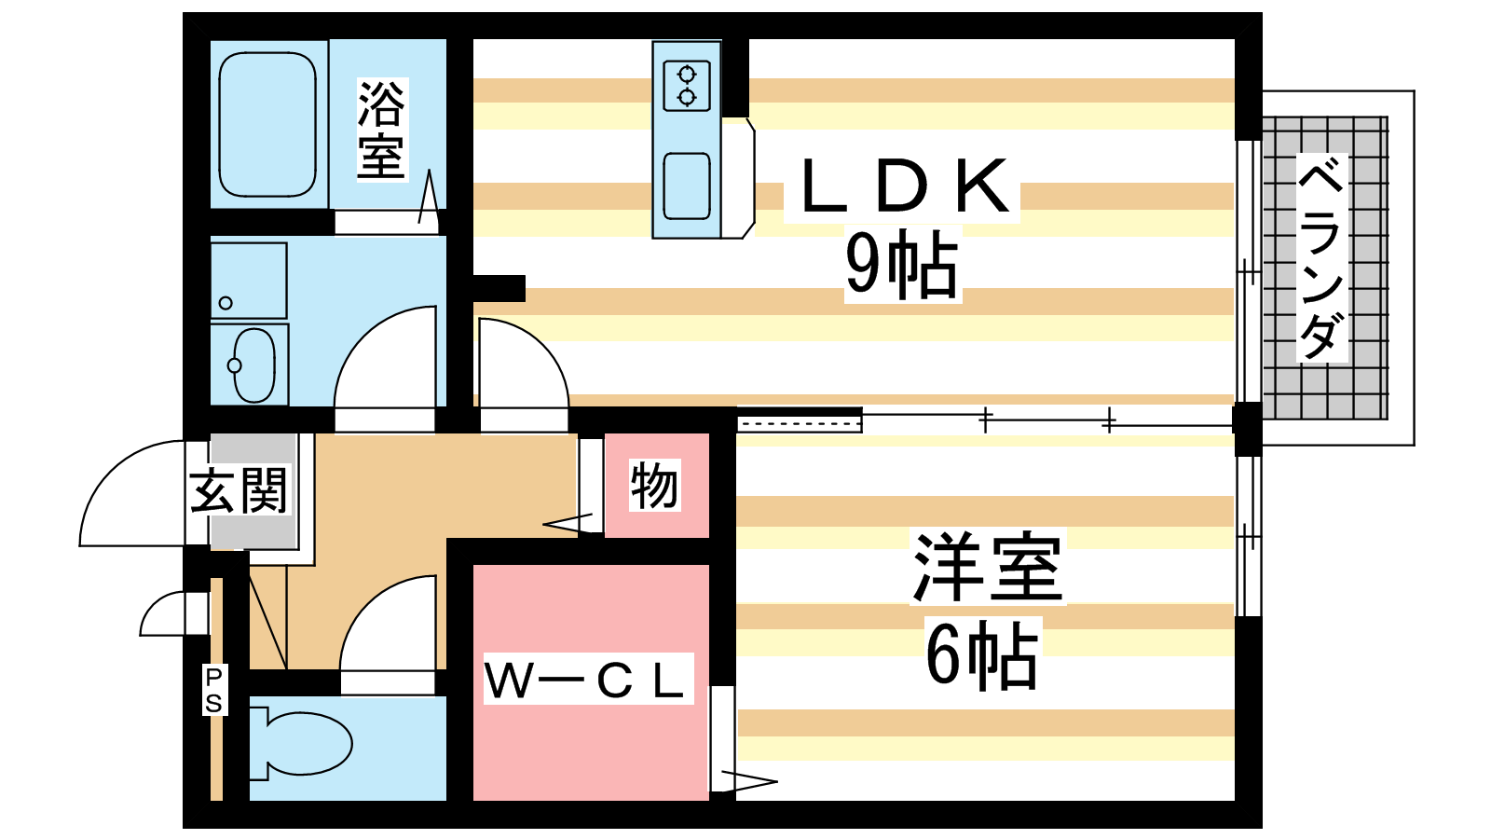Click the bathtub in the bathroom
[x=267, y=124]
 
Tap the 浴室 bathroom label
[x=381, y=130]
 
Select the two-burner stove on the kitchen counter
[x=687, y=85]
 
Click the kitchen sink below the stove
[x=687, y=186]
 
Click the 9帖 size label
[x=901, y=266]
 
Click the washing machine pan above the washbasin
[x=248, y=281]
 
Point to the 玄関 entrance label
[x=239, y=490]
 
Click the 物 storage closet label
[x=654, y=486]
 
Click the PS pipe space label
[x=214, y=690]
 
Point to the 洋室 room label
[x=988, y=568]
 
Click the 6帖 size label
[x=982, y=655]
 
